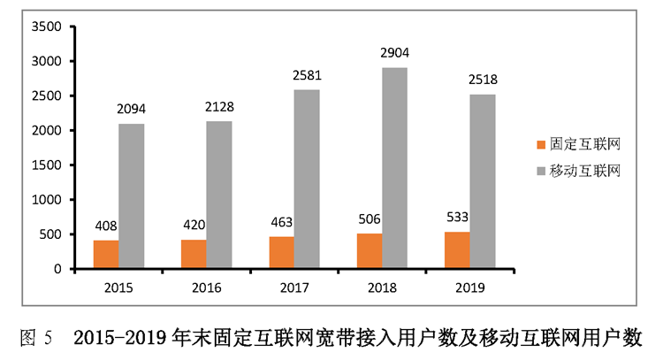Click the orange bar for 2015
106,254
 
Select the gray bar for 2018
395,168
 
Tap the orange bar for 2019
457,249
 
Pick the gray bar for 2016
219,195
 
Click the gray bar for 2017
307,179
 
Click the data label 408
106,226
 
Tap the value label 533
457,218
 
